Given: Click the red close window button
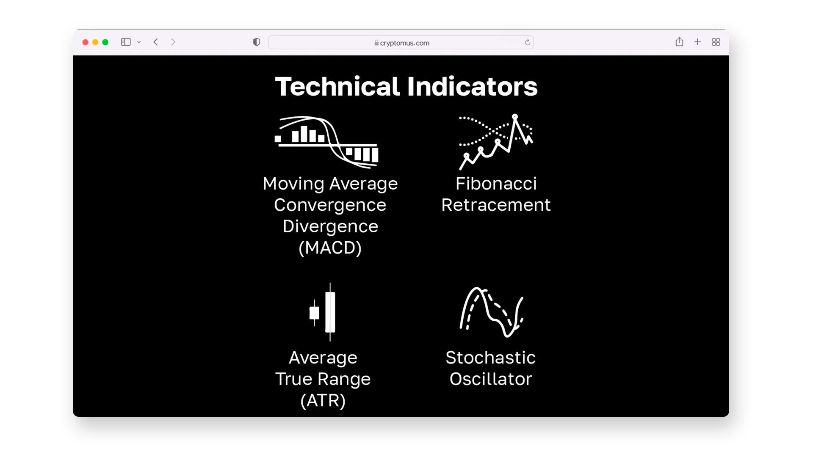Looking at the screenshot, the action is click(x=85, y=42).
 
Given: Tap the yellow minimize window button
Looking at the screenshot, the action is click(x=95, y=42).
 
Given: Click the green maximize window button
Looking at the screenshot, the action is click(x=105, y=42).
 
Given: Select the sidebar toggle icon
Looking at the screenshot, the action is click(x=126, y=42).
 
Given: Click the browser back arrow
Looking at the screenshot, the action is click(x=156, y=42).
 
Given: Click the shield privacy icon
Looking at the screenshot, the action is click(x=257, y=42).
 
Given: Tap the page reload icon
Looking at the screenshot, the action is click(x=527, y=42).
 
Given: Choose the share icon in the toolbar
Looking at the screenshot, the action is click(x=679, y=41).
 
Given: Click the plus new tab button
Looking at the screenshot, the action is click(x=697, y=42).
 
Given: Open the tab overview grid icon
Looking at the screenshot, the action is click(x=716, y=42).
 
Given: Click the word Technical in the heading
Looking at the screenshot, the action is click(x=337, y=86).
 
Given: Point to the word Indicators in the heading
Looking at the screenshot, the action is click(x=473, y=86).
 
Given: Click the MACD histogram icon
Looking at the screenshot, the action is click(x=326, y=142).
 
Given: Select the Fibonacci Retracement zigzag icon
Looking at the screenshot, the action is click(x=496, y=141).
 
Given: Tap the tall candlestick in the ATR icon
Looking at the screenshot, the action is click(x=330, y=312).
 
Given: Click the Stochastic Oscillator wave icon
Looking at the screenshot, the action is click(x=492, y=312).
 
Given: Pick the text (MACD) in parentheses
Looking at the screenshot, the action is click(x=330, y=248).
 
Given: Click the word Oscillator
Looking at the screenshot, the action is click(x=491, y=379).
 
